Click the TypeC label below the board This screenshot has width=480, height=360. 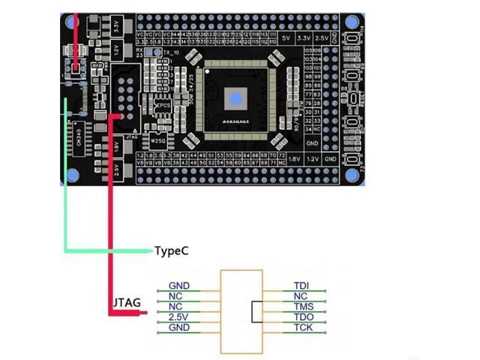(x=171, y=250)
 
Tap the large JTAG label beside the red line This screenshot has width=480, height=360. (x=126, y=303)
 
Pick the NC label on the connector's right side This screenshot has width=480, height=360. (x=301, y=296)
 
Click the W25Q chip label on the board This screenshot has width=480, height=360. (x=157, y=140)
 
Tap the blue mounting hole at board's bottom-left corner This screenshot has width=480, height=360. (x=73, y=175)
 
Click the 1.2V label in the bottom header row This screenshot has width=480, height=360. (x=313, y=159)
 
